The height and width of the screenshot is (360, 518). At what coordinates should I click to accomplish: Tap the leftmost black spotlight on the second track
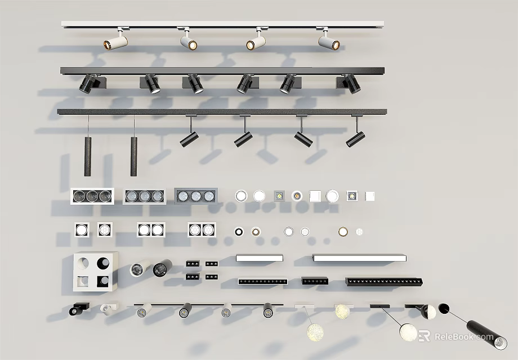click(x=87, y=83)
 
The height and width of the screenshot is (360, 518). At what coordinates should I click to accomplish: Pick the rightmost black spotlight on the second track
click(x=351, y=83)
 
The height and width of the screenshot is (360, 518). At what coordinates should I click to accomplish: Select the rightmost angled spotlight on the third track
click(x=355, y=138)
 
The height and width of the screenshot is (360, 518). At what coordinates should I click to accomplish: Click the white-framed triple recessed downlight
click(x=92, y=196)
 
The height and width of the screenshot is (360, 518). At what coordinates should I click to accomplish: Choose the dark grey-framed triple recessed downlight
click(x=195, y=196)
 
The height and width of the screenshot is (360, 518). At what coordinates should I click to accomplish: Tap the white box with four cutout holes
click(x=95, y=272)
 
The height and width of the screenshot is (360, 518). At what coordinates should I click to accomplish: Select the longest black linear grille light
click(x=384, y=281)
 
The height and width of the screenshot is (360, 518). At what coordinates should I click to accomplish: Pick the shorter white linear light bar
click(x=260, y=258)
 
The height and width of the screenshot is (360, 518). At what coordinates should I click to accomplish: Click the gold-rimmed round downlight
click(x=343, y=231)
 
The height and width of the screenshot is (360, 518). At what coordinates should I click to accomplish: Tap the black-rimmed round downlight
click(x=239, y=231)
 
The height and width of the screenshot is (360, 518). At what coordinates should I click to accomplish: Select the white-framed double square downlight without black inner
click(x=151, y=229)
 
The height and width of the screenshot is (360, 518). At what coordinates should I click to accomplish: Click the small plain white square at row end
click(x=369, y=196)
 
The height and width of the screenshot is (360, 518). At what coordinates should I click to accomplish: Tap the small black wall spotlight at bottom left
click(x=76, y=309)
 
